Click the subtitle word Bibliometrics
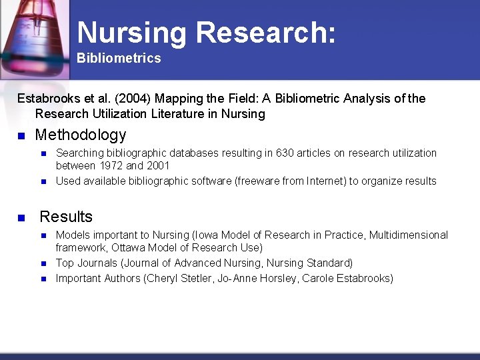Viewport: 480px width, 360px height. pyautogui.click(x=119, y=58)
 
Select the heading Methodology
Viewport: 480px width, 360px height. pyautogui.click(x=80, y=135)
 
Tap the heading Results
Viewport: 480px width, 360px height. pyautogui.click(x=66, y=217)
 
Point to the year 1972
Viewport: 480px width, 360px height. pyautogui.click(x=115, y=165)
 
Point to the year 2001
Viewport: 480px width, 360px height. pyautogui.click(x=157, y=165)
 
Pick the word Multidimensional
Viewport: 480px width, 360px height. pyautogui.click(x=406, y=235)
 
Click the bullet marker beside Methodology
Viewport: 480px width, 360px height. pyautogui.click(x=21, y=136)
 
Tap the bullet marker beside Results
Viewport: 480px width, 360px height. pyautogui.click(x=21, y=217)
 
